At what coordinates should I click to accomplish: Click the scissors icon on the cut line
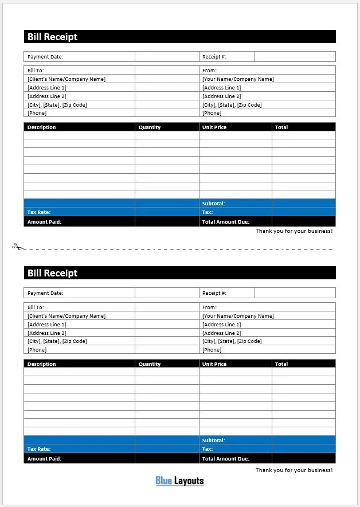click(x=18, y=247)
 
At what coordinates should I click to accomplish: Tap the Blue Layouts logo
click(x=179, y=481)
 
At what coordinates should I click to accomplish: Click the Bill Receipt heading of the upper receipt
click(x=52, y=37)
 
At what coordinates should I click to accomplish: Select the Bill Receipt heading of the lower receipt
click(x=52, y=273)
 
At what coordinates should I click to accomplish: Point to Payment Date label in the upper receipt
click(x=45, y=57)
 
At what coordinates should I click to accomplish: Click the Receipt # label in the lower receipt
click(x=214, y=293)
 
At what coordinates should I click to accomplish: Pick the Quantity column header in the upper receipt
click(x=150, y=127)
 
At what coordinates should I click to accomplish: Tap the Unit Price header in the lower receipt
click(x=214, y=364)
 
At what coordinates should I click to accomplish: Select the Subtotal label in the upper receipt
click(x=213, y=204)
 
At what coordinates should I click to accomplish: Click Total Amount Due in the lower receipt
click(x=226, y=459)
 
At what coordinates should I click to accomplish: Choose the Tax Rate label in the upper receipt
click(x=39, y=212)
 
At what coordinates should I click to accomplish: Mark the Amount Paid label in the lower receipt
click(x=44, y=459)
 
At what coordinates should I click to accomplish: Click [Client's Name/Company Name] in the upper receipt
click(x=66, y=79)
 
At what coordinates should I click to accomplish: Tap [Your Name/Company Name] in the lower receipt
click(x=238, y=316)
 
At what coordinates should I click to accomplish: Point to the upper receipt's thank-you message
click(x=294, y=231)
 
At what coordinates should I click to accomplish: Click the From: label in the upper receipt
click(x=209, y=71)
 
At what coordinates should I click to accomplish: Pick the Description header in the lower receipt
click(x=42, y=364)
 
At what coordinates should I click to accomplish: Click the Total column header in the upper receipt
click(x=281, y=127)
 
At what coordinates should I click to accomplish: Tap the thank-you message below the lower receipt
click(x=294, y=470)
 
